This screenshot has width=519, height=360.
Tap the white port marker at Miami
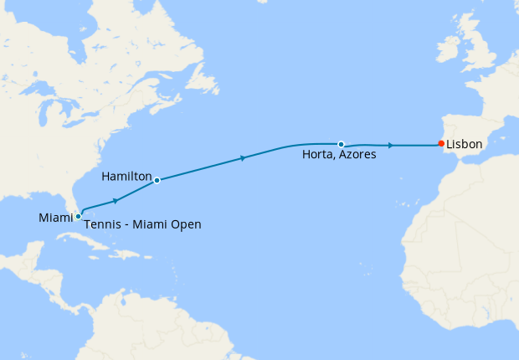tap(78, 216)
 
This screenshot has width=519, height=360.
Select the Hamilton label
tap(126, 177)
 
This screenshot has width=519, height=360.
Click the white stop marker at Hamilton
tap(157, 180)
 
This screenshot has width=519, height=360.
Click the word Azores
tap(357, 155)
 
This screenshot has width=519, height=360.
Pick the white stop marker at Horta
tap(341, 144)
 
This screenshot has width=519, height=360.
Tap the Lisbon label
tap(464, 144)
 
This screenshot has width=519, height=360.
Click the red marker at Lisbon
tap(441, 144)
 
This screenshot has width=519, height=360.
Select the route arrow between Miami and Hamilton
tap(115, 201)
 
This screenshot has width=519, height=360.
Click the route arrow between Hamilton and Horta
tap(243, 157)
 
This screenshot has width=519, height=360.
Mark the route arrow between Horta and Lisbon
tap(391, 145)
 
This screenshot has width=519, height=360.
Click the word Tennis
tap(102, 224)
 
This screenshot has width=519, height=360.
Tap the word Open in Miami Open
tap(187, 224)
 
